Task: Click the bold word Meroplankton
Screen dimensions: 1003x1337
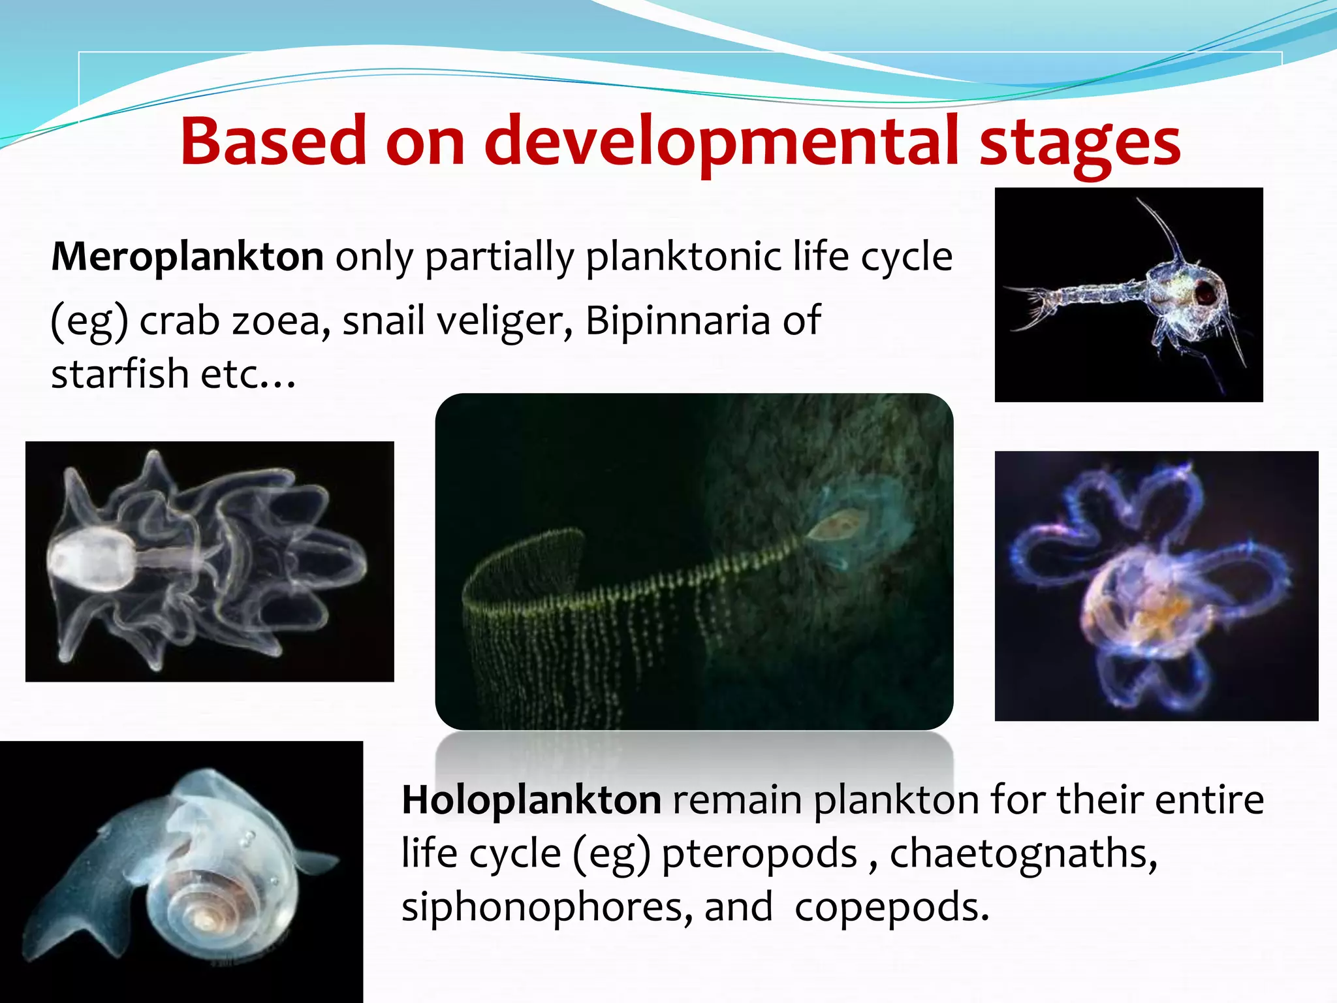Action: point(187,257)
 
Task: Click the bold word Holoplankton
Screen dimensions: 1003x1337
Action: point(531,800)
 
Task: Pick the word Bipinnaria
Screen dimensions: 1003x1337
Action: point(678,321)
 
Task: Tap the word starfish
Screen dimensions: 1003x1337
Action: point(119,374)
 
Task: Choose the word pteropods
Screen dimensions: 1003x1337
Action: point(759,854)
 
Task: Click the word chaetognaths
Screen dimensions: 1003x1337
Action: point(1023,854)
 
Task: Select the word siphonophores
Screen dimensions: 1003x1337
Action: point(546,908)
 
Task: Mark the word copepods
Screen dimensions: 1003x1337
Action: point(891,908)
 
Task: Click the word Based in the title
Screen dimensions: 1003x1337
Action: point(273,142)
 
